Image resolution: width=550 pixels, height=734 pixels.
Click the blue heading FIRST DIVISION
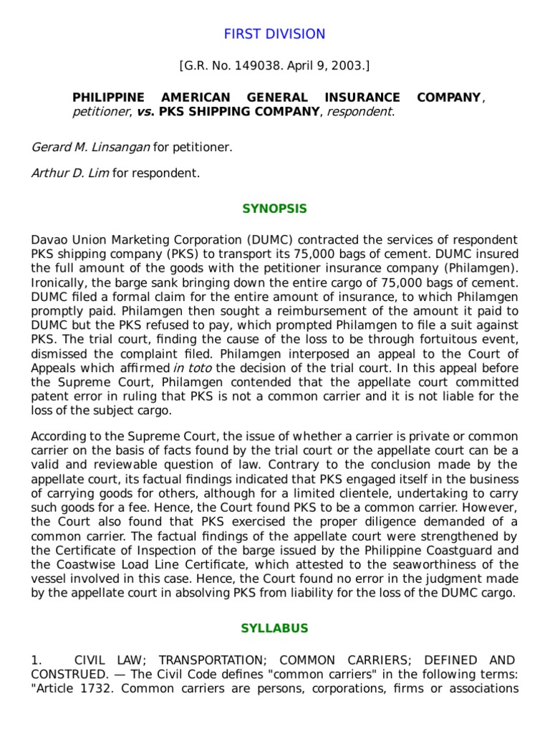[x=274, y=34]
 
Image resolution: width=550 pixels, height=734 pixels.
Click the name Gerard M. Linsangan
[x=90, y=147]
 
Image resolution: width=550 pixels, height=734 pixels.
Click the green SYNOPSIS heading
[x=274, y=209]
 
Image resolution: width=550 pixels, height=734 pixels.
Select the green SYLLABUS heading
[x=274, y=628]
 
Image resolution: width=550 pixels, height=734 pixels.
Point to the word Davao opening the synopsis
[x=49, y=239]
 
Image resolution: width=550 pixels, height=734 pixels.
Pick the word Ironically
[x=58, y=282]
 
